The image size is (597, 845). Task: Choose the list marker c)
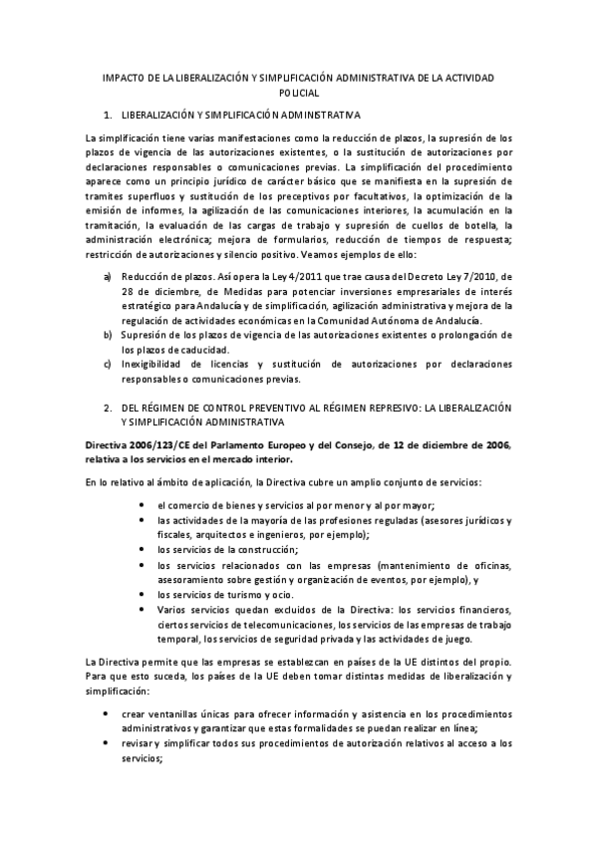[x=107, y=363]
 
